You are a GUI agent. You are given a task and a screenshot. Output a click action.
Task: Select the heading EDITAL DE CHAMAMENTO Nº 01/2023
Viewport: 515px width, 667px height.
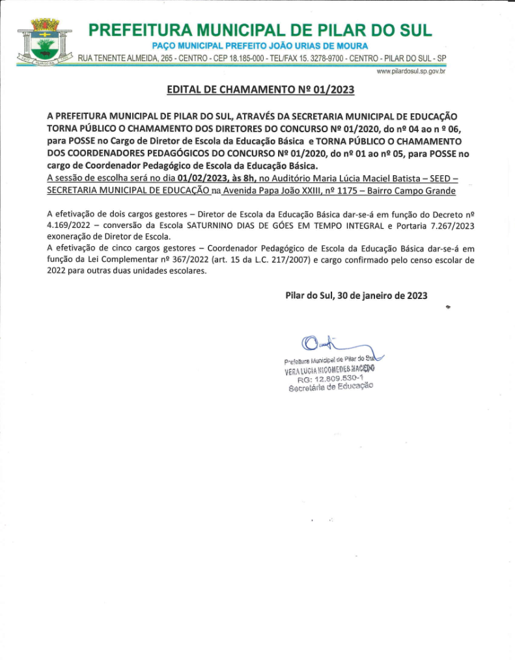tap(260, 90)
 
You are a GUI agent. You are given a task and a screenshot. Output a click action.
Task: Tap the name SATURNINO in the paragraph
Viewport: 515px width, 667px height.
tap(214, 225)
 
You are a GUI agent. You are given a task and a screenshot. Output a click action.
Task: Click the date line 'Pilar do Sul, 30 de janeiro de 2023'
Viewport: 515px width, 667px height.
tap(356, 295)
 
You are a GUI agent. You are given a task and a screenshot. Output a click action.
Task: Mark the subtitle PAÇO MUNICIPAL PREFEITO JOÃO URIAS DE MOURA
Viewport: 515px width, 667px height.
tap(260, 46)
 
